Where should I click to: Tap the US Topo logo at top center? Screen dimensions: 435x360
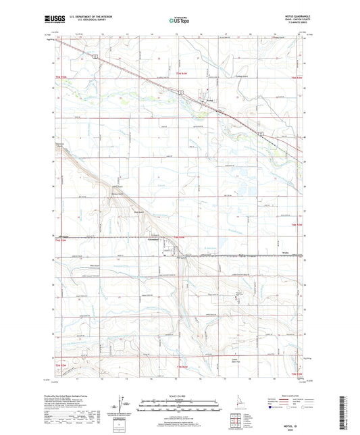click(x=179, y=21)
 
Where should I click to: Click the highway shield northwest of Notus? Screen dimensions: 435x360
click(x=180, y=92)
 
